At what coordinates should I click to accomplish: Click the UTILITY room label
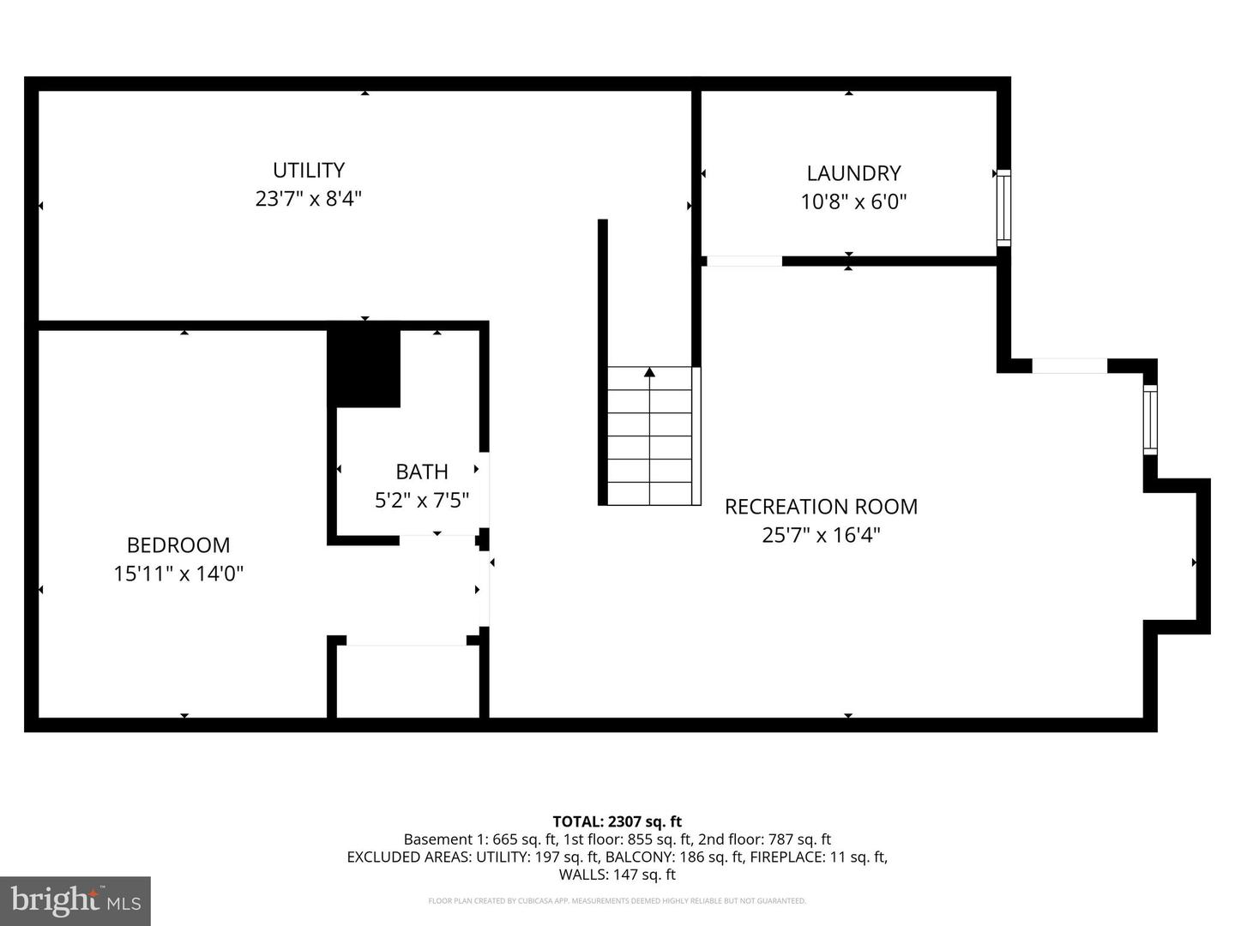pyautogui.click(x=309, y=170)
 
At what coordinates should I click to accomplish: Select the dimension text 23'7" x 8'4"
pyautogui.click(x=309, y=199)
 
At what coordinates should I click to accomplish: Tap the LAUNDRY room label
pyautogui.click(x=853, y=173)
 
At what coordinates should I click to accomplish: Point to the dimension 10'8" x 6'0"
pyautogui.click(x=853, y=202)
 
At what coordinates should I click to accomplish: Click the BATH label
pyautogui.click(x=422, y=472)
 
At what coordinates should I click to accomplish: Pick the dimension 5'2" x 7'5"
pyautogui.click(x=422, y=500)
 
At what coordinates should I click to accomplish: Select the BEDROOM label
pyautogui.click(x=178, y=545)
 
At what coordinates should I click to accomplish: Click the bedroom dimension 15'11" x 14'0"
pyautogui.click(x=178, y=574)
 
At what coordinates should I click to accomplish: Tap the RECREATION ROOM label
pyautogui.click(x=821, y=507)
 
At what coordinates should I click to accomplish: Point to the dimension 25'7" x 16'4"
pyautogui.click(x=821, y=535)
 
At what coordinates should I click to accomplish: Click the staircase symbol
pyautogui.click(x=650, y=437)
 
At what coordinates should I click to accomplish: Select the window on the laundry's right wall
pyautogui.click(x=1003, y=207)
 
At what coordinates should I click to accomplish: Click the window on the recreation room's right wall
pyautogui.click(x=1150, y=419)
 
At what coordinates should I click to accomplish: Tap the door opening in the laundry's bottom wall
pyautogui.click(x=743, y=261)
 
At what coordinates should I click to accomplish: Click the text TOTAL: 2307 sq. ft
pyautogui.click(x=617, y=821)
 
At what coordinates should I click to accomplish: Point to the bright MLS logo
pyautogui.click(x=75, y=900)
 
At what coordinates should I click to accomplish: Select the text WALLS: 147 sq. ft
pyautogui.click(x=617, y=875)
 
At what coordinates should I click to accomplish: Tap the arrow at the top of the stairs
pyautogui.click(x=650, y=372)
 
